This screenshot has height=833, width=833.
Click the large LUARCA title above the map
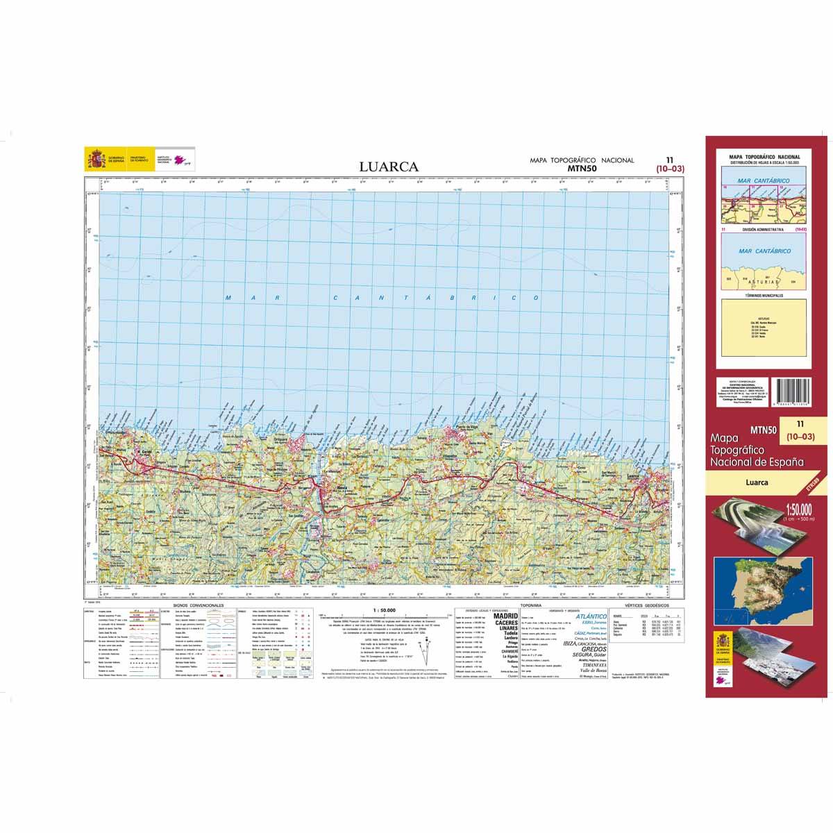tap(388, 167)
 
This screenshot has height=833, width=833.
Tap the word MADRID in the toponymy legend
tap(506, 616)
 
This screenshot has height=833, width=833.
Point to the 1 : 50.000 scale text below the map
tap(385, 609)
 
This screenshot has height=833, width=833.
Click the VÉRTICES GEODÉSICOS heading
tap(647, 606)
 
